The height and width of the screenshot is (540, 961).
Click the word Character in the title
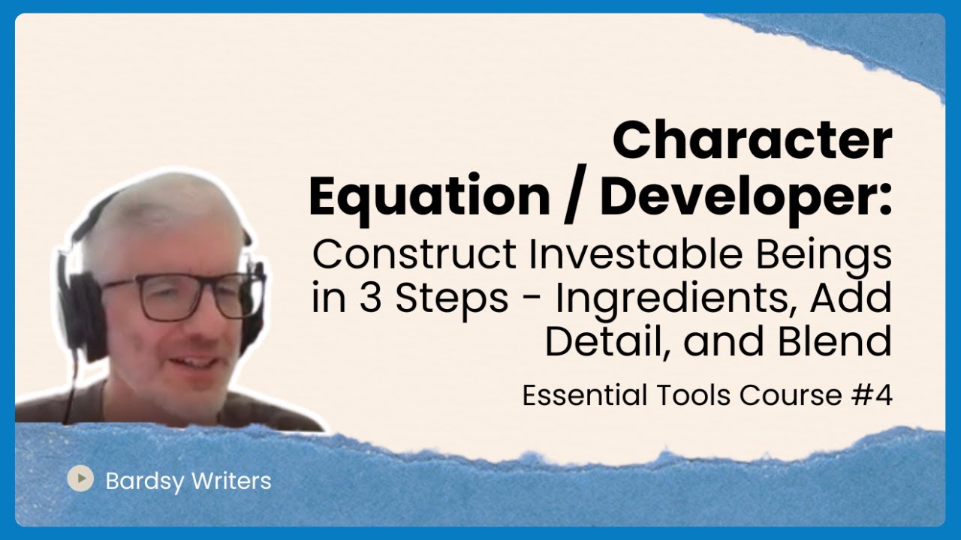click(x=752, y=142)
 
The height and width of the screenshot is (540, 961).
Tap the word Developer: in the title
click(x=746, y=196)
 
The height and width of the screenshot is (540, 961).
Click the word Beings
click(x=834, y=255)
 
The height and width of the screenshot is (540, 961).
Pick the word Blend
click(x=844, y=341)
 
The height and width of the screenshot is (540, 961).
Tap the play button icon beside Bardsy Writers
click(x=80, y=478)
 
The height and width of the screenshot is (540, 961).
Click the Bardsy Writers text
click(x=188, y=480)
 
